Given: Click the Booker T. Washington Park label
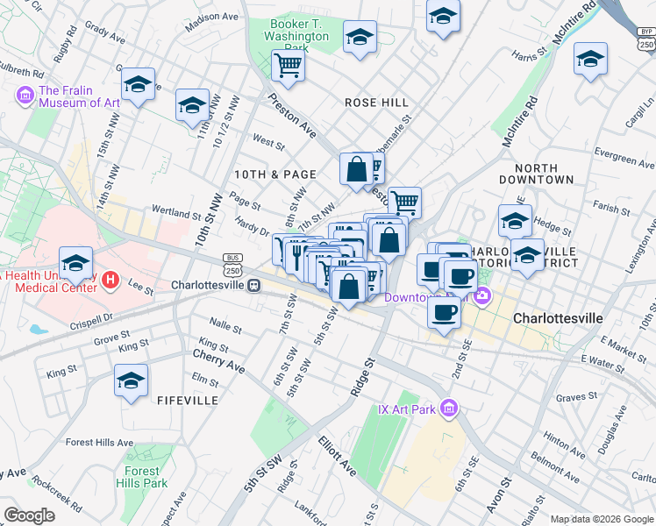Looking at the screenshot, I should click(x=300, y=30).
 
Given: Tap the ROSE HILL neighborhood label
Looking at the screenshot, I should click(x=376, y=103).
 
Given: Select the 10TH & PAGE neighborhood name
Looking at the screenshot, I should click(x=274, y=174).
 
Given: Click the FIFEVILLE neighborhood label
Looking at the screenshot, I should click(x=187, y=400).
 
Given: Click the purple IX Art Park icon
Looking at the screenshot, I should click(x=450, y=408).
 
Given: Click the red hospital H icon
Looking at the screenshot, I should click(x=111, y=281).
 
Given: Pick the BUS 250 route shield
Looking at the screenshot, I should click(x=232, y=262).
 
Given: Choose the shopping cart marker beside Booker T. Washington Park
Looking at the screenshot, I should click(x=288, y=64).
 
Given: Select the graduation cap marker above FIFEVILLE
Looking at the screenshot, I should click(x=131, y=380).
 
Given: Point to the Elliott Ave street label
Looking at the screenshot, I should click(x=337, y=456).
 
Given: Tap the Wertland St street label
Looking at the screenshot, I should click(x=176, y=212).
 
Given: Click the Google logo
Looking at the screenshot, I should click(x=30, y=515).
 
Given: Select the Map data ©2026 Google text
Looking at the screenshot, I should click(x=602, y=519).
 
